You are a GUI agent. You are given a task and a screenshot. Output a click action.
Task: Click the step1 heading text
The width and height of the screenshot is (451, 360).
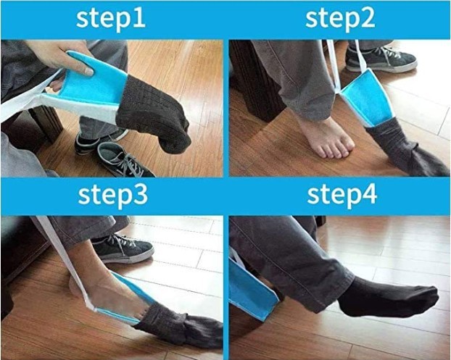[x=111, y=18]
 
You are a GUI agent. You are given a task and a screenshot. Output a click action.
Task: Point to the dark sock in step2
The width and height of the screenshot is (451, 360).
[x=406, y=148]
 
